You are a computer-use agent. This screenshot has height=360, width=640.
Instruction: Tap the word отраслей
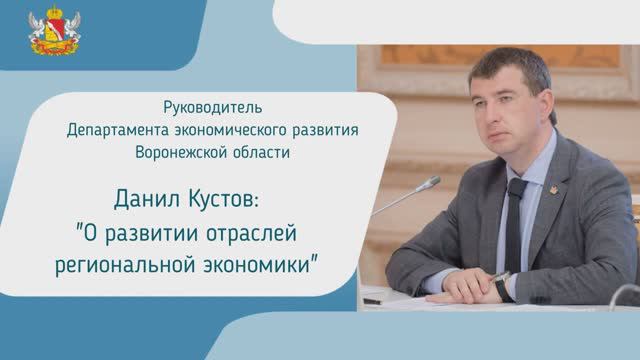tap(251, 233)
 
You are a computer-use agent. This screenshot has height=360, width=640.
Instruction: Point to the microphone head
tap(429, 184)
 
